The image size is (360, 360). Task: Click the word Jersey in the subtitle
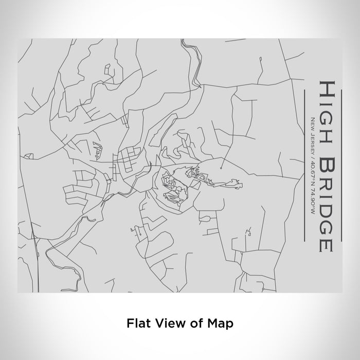coord(312,140)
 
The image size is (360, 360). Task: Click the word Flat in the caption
coord(136,323)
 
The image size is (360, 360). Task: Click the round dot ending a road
coord(220,168)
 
